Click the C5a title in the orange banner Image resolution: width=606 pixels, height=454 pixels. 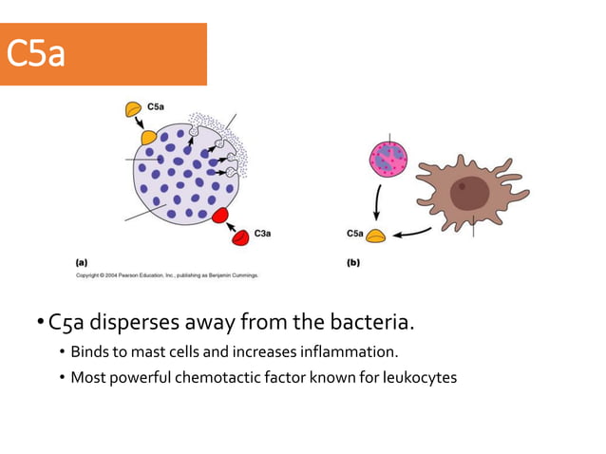36,54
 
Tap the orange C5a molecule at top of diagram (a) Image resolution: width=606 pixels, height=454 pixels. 133,109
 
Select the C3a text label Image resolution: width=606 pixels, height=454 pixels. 265,233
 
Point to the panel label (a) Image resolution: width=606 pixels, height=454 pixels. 83,262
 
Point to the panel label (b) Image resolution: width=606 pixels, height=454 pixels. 353,262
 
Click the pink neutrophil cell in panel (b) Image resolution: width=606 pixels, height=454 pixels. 388,161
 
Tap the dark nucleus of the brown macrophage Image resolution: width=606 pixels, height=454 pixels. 469,193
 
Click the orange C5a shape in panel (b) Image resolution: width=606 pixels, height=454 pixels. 377,235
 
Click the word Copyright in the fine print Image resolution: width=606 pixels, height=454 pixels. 91,275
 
